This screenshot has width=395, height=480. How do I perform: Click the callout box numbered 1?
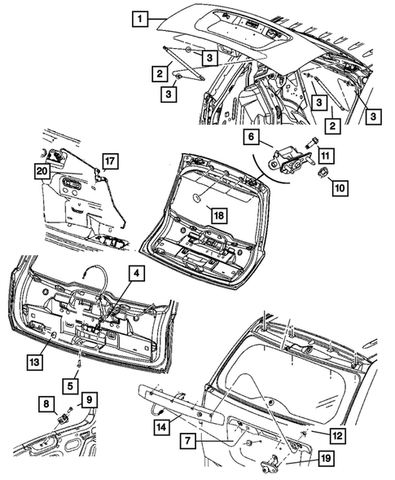(x=141, y=19)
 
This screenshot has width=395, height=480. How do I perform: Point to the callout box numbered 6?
(x=252, y=139)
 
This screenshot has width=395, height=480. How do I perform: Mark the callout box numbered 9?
(x=89, y=399)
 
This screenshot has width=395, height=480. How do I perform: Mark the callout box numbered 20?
(x=41, y=170)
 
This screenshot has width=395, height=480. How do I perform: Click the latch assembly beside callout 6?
(x=287, y=159)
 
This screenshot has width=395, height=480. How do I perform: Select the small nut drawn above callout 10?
(x=321, y=172)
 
